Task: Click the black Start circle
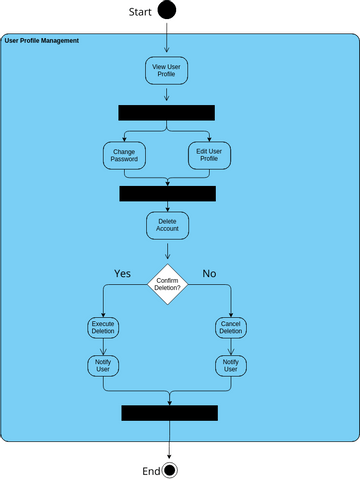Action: [x=167, y=11]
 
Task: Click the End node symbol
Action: [x=170, y=470]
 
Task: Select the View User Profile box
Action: [x=166, y=70]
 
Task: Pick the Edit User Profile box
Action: [x=209, y=155]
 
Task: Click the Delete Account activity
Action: [x=167, y=224]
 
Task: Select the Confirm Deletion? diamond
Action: [x=167, y=285]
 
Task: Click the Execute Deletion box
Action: [x=103, y=328]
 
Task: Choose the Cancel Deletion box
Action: [x=231, y=328]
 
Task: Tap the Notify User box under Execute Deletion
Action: [x=103, y=365]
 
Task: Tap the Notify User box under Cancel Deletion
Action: [x=231, y=365]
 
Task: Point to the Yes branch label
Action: [x=122, y=273]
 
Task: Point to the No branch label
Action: [x=209, y=273]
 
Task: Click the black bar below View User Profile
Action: [x=166, y=112]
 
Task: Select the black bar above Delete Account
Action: [x=167, y=193]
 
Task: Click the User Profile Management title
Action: [x=42, y=40]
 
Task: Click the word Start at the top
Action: [x=139, y=12]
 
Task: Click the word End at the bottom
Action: [x=151, y=470]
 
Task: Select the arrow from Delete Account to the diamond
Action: [x=167, y=250]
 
